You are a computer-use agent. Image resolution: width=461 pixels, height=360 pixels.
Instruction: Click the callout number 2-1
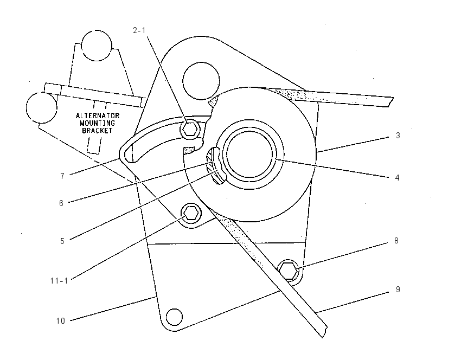(x=139, y=30)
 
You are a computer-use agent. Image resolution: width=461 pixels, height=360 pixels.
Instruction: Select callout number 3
(x=398, y=136)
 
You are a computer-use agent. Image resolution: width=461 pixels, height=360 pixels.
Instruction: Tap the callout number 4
(x=397, y=178)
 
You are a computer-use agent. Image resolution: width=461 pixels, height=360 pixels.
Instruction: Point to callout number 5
(x=62, y=241)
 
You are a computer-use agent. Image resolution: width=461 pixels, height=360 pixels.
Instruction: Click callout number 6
(x=61, y=203)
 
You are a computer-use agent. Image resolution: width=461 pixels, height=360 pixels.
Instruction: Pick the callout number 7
(x=62, y=176)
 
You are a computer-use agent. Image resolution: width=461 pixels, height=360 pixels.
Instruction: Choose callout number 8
(x=396, y=241)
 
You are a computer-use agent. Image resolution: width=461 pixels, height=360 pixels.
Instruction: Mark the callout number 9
(x=398, y=290)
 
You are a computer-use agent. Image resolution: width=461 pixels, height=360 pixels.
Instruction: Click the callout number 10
(x=61, y=321)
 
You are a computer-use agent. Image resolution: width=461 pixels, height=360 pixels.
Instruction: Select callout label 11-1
(x=59, y=281)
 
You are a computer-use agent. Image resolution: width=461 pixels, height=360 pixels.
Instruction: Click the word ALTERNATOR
(x=98, y=115)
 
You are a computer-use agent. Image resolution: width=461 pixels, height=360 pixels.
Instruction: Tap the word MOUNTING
(x=97, y=123)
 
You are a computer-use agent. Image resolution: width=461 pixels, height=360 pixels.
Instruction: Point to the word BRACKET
(x=97, y=131)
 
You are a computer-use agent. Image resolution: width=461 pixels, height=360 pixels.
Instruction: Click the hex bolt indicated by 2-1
(x=190, y=128)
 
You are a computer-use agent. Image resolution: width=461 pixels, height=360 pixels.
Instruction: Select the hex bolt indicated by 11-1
(x=191, y=213)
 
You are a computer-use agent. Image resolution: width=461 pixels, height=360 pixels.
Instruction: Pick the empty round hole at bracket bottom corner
(x=174, y=317)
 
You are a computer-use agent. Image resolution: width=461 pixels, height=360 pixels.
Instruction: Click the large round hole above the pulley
(x=201, y=81)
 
